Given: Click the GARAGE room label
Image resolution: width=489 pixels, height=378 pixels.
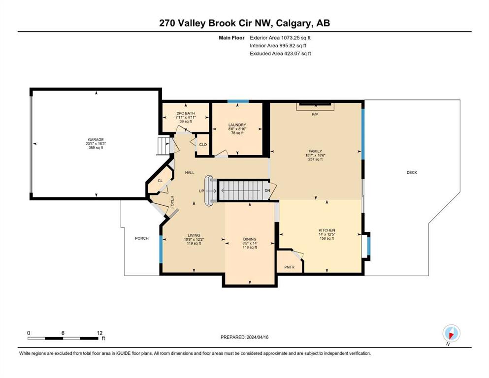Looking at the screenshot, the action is (96, 140).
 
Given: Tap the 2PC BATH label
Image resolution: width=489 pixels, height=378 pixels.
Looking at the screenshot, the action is (186, 113).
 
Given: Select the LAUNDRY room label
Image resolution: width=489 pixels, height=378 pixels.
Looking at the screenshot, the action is (237, 125).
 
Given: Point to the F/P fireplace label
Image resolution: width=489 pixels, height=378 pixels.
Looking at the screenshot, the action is (315, 114).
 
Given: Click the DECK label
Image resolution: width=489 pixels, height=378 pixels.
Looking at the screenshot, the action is (412, 172).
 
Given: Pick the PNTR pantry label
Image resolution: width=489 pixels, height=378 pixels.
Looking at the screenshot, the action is (290, 267).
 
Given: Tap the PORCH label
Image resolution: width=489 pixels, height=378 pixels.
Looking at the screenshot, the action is (142, 238).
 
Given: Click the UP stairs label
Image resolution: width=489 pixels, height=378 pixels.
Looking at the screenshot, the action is (201, 191).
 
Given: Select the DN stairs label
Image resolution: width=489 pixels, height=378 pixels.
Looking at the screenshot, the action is (267, 190).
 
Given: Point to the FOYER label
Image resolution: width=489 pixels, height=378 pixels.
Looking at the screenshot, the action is (172, 202).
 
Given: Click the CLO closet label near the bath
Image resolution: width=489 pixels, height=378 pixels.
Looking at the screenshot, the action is (203, 145).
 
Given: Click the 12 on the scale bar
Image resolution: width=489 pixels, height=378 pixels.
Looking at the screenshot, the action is (99, 333).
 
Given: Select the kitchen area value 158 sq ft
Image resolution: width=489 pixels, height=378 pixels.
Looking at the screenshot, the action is (327, 238).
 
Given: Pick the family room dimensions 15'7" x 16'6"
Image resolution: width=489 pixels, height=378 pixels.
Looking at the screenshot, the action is (315, 155).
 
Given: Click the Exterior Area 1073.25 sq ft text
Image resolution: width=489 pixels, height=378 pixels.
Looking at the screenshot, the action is (280, 38).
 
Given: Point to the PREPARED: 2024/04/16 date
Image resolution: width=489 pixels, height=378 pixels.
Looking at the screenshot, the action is (244, 337).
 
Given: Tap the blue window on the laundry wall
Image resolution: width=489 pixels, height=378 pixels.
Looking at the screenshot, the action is (238, 101).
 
